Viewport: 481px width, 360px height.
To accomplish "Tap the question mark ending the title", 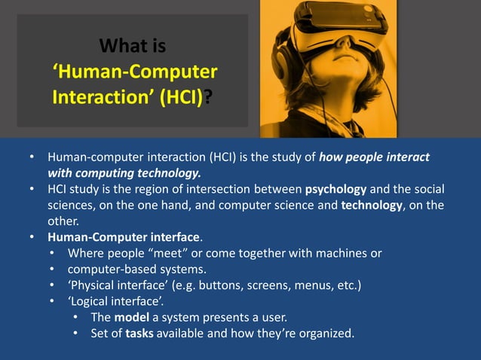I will tap(207, 99).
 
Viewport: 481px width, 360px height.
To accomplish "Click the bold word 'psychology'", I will tap(336, 188).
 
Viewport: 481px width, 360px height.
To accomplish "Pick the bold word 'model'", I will tap(131, 317).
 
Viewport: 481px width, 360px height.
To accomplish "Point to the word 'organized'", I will tap(322, 333).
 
